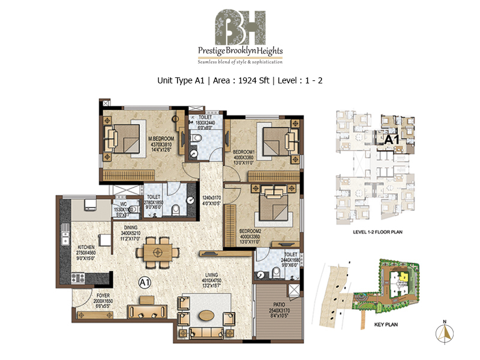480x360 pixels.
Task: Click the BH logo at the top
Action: click(240, 25)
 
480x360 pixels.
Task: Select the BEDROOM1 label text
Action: click(244, 152)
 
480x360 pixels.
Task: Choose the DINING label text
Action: click(132, 227)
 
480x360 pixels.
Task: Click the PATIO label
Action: click(276, 311)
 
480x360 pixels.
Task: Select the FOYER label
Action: click(103, 295)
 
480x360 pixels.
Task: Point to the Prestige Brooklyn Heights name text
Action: click(240, 51)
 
